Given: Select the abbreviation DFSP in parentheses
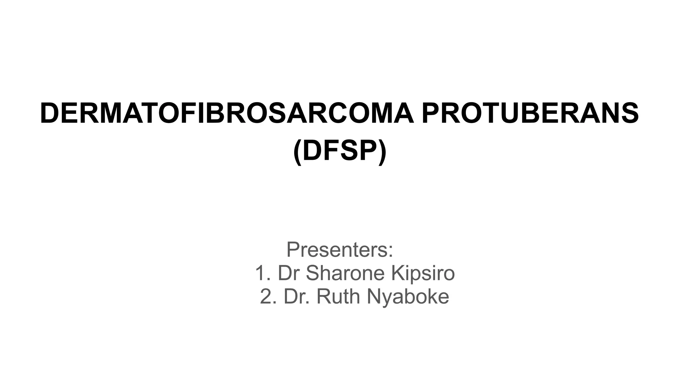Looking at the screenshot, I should [x=340, y=151].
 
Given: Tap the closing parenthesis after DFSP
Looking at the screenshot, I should [x=382, y=152].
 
